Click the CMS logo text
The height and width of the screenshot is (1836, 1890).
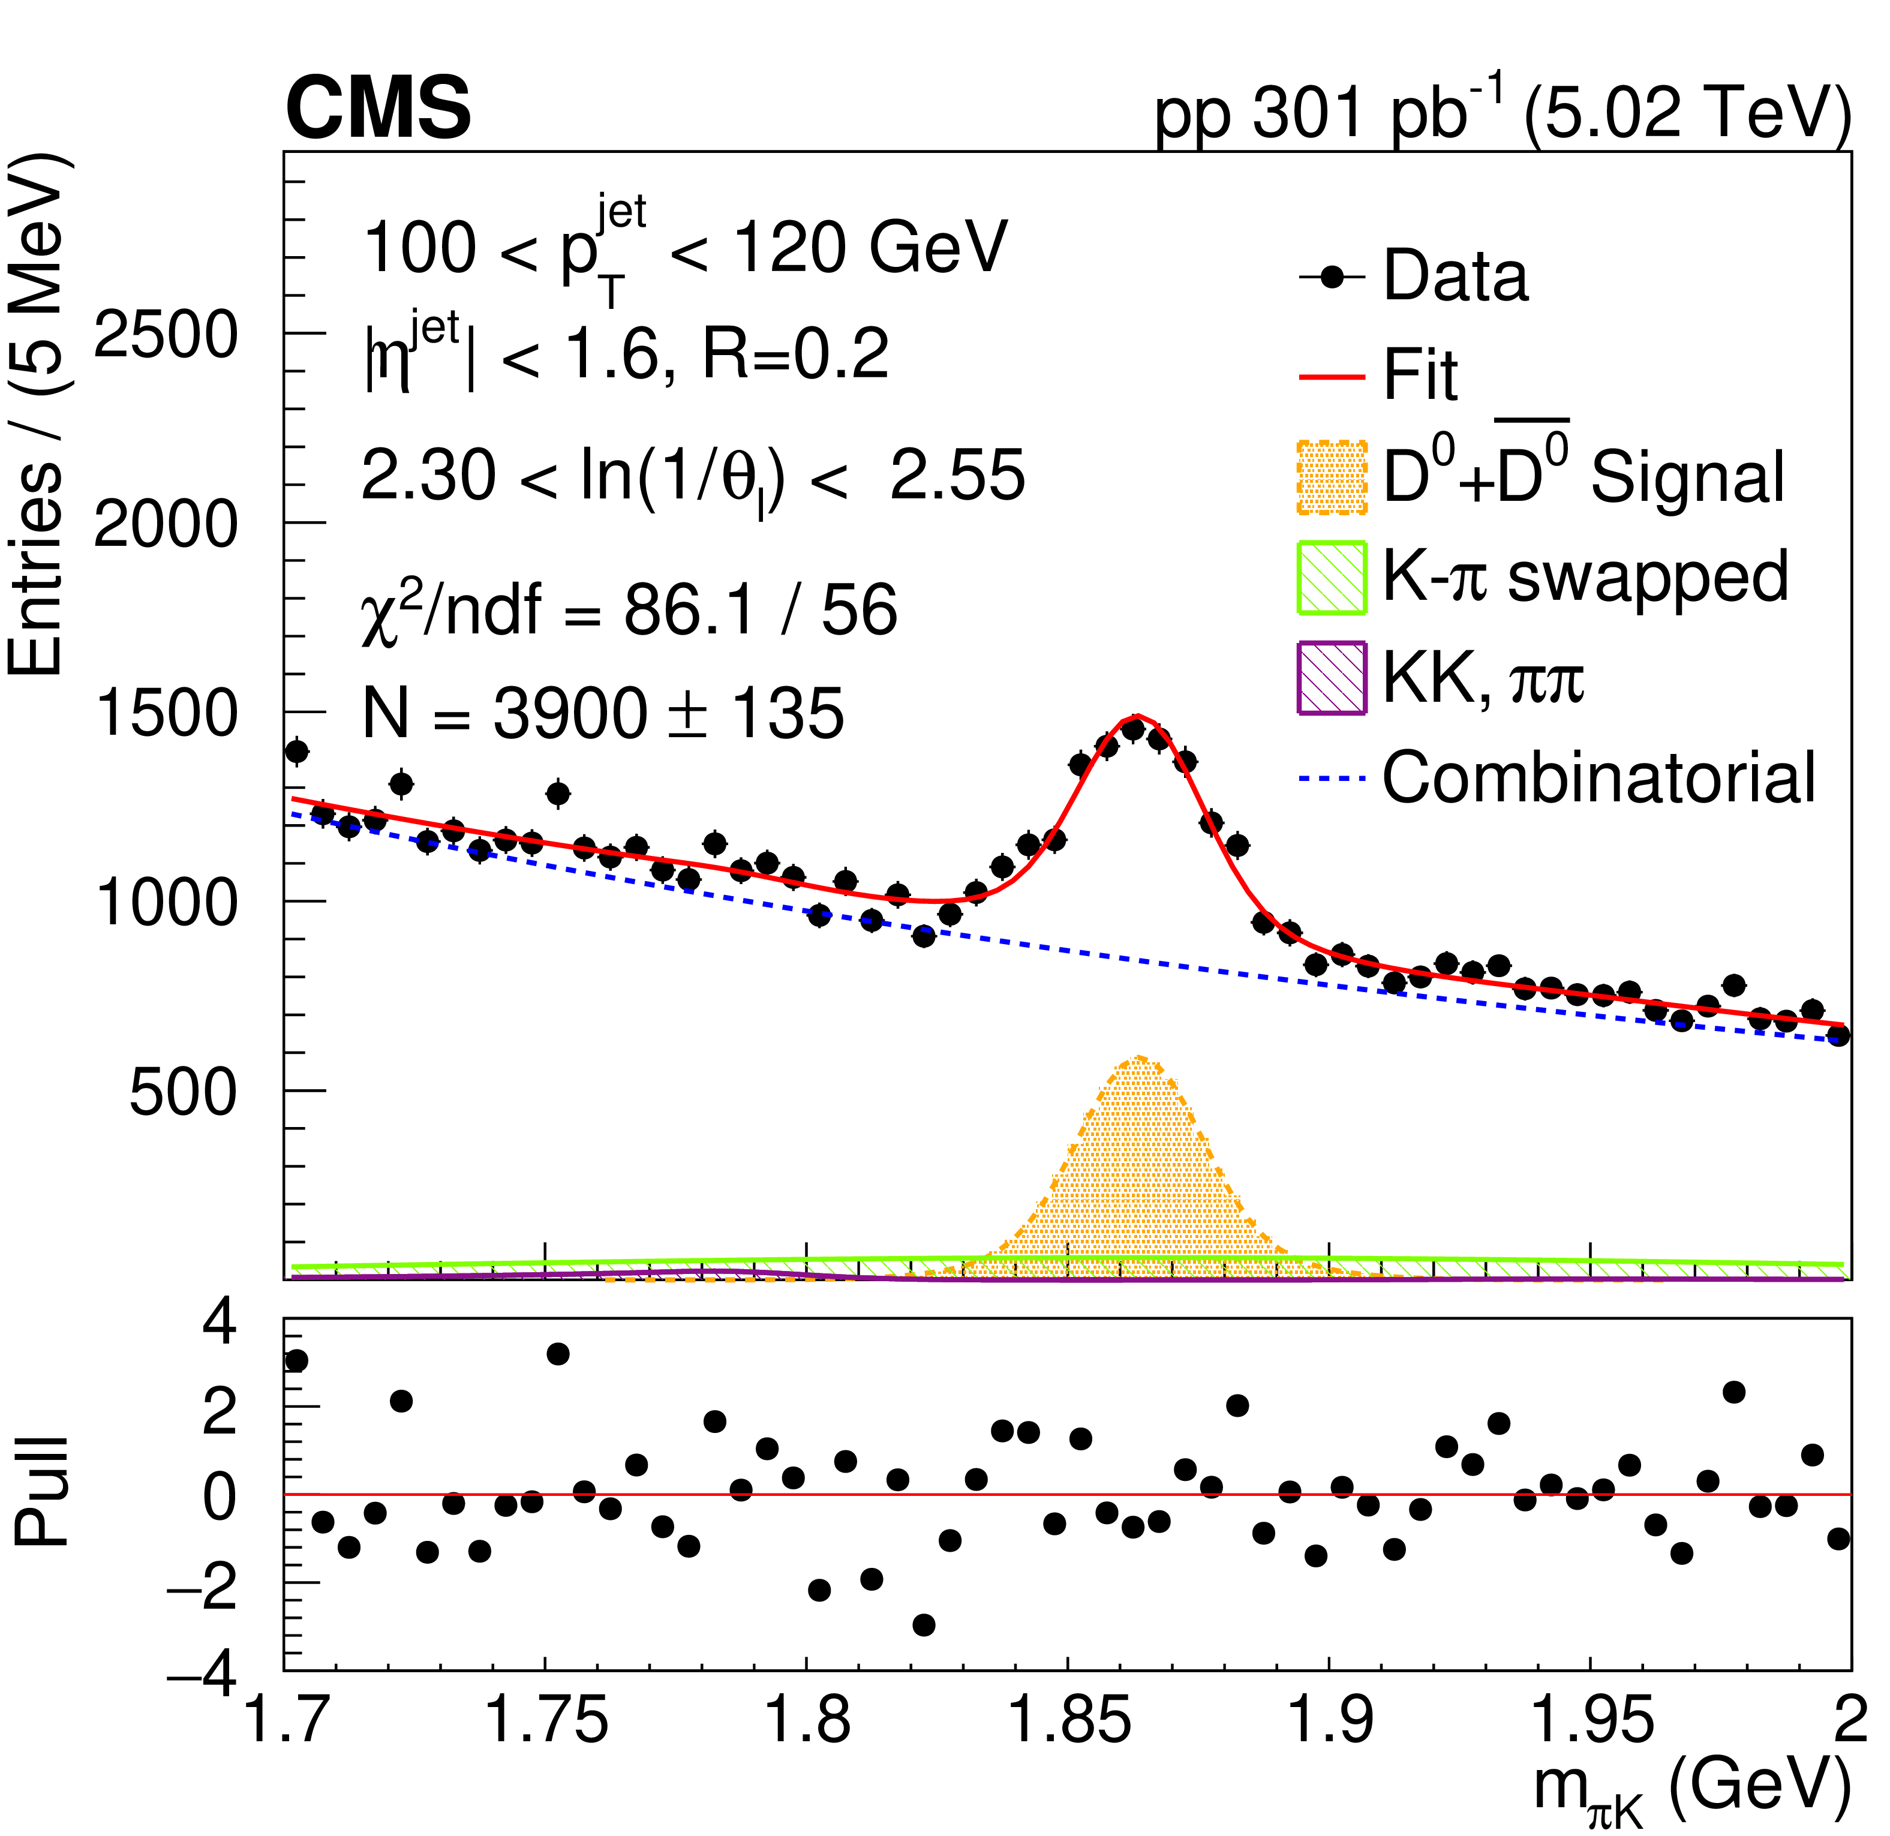pos(378,109)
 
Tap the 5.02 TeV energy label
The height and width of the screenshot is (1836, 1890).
pos(1687,114)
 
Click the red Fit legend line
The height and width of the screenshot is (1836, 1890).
pos(1332,377)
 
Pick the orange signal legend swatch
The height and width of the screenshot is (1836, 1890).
pos(1332,477)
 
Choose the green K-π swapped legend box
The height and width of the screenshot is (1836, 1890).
pos(1332,578)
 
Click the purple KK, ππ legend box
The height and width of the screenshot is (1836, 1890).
pos(1332,678)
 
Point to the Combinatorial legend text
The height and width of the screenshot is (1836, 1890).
pos(1598,777)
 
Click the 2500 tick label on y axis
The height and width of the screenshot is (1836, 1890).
pos(166,335)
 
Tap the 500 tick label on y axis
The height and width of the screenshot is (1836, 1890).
pos(183,1092)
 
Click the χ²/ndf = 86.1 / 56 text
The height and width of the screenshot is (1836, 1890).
pos(629,611)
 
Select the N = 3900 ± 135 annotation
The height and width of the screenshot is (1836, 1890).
pos(603,714)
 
